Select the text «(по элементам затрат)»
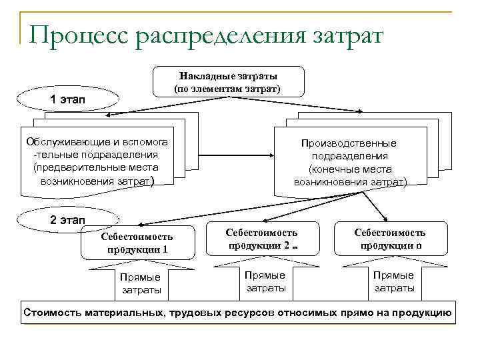227,88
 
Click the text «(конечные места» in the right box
350,169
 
